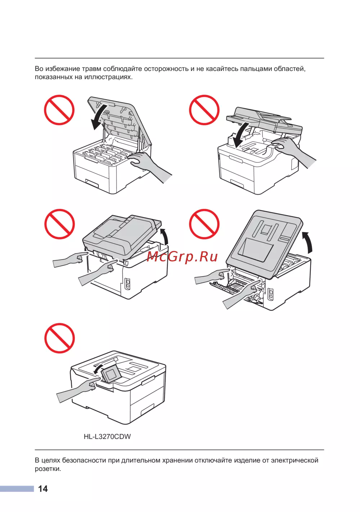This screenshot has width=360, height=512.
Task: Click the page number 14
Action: pos(43,489)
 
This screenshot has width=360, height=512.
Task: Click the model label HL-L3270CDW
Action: pos(107,437)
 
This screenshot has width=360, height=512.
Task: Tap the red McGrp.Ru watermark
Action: pos(182,257)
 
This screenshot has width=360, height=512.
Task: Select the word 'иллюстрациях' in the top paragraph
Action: pos(108,77)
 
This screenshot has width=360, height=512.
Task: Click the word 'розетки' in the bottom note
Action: pos(48,469)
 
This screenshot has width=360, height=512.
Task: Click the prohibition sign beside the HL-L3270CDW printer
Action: pos(59,338)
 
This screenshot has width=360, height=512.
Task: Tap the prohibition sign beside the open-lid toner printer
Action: pos(59,110)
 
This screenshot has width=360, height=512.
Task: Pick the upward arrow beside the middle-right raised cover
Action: pos(308,242)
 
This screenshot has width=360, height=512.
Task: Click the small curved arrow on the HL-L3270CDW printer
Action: pos(99,368)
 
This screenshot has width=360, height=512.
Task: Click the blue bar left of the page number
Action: pos(17,489)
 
